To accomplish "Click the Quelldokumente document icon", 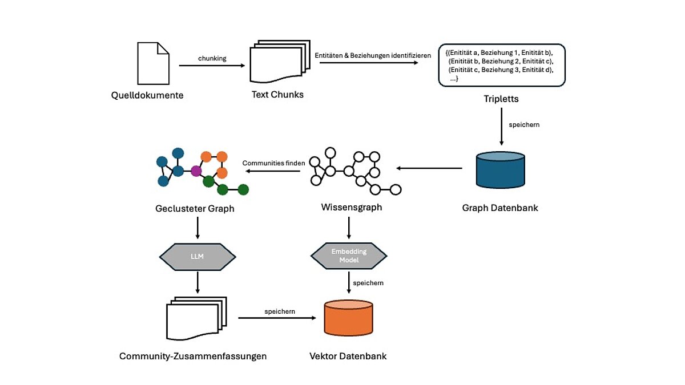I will [153, 63].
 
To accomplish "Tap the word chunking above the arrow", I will [212, 58].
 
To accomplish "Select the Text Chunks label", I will [277, 95].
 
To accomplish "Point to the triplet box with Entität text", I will [501, 65].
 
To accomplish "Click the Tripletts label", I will [501, 99].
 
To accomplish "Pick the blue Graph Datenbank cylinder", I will [501, 169].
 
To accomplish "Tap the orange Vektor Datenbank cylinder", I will [348, 318].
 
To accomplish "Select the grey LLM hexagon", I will [196, 256].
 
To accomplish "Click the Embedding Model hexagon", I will [349, 255].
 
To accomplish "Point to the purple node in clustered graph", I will [196, 171].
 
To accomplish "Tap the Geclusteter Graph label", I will [195, 209].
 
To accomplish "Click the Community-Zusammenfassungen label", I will [193, 356].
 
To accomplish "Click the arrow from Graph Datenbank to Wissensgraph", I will [429, 168].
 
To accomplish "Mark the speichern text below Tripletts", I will [520, 124].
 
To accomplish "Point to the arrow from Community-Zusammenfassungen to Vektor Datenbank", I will [277, 318].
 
